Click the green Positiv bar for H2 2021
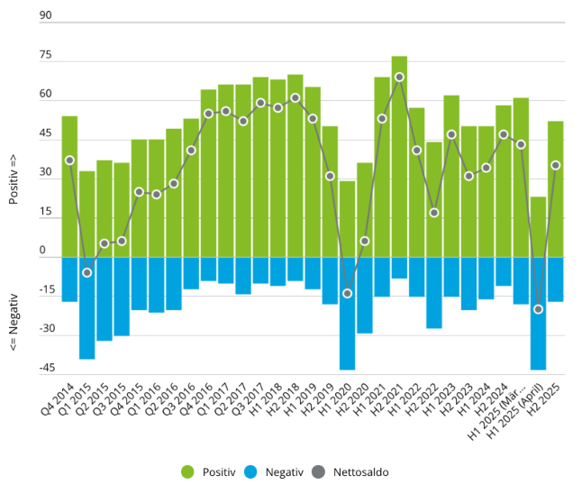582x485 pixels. pyautogui.click(x=399, y=157)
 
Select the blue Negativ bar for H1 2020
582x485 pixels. pyautogui.click(x=347, y=313)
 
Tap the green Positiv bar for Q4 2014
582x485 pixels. pyautogui.click(x=69, y=187)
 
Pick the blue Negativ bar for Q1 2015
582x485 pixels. pyautogui.click(x=86, y=307)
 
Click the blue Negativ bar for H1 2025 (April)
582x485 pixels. pyautogui.click(x=538, y=313)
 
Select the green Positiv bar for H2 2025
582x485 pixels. pyautogui.click(x=555, y=189)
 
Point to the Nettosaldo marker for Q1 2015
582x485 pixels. pyautogui.click(x=86, y=272)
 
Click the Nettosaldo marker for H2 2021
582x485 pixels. pyautogui.click(x=399, y=77)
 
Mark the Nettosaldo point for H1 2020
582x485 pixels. pyautogui.click(x=347, y=294)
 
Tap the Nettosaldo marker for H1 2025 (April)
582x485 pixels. pyautogui.click(x=538, y=309)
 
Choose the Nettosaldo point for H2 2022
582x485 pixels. pyautogui.click(x=434, y=213)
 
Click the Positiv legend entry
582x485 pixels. pyautogui.click(x=212, y=471)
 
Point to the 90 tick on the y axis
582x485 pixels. pyautogui.click(x=46, y=15)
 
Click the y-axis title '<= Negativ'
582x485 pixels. pyautogui.click(x=14, y=323)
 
